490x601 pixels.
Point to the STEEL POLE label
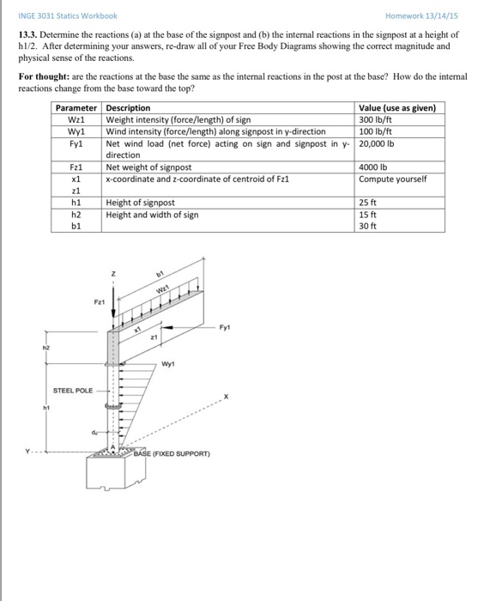73,390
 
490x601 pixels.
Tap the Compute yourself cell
391,179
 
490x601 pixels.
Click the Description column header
128,107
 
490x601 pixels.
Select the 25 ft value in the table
368,203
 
